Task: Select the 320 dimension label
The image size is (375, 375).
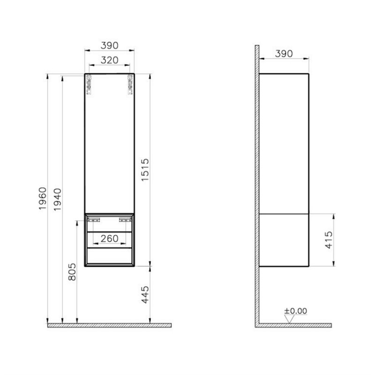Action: tap(109, 60)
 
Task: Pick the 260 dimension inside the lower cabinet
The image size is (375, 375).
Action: tap(110, 239)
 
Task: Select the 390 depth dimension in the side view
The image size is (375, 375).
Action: tap(284, 53)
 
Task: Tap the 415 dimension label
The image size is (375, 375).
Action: tap(329, 240)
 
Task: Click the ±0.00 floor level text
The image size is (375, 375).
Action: tap(295, 311)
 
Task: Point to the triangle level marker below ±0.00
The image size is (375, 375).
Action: tap(290, 319)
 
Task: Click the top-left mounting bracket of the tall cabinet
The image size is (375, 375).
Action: tap(90, 84)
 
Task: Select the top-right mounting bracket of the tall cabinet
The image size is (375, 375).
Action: tap(129, 84)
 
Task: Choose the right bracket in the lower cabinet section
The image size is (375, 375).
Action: tap(125, 219)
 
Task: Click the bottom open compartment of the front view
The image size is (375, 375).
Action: tap(109, 256)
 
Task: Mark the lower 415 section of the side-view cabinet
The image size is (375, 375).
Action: tap(284, 240)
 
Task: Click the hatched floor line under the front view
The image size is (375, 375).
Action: tap(109, 325)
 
